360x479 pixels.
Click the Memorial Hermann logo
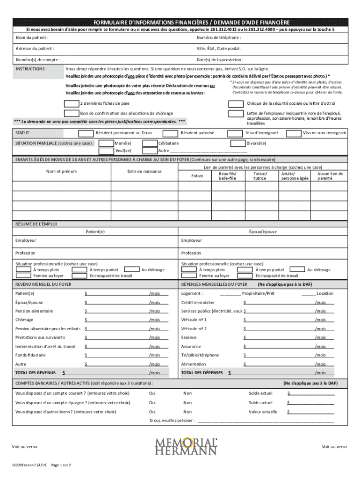[x=186, y=446]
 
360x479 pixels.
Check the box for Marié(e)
[x=107, y=143]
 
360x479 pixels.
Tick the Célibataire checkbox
[x=149, y=143]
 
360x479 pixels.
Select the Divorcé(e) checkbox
[x=238, y=143]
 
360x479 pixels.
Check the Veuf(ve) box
[x=107, y=151]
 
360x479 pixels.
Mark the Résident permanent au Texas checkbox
[x=86, y=133]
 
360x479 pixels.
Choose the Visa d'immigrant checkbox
[x=236, y=133]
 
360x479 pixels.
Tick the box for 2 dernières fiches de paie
[x=71, y=103]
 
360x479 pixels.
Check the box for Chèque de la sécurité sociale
[x=236, y=103]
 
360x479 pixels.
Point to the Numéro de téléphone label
[x=219, y=37]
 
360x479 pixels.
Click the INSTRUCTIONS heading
[x=31, y=68]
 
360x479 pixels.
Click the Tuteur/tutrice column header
[x=259, y=175]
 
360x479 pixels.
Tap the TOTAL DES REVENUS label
[x=36, y=373]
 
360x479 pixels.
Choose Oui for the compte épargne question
[x=152, y=402]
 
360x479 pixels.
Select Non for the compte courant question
[x=187, y=393]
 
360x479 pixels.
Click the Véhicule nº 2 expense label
[x=194, y=329]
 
